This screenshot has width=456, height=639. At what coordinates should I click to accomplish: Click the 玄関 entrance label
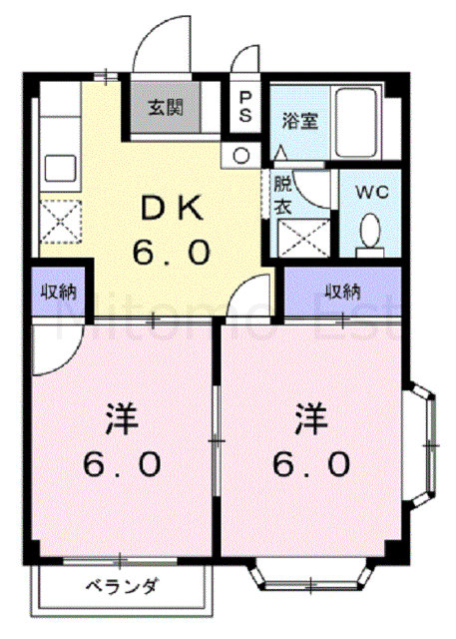tap(166, 108)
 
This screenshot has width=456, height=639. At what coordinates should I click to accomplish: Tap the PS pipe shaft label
tap(245, 107)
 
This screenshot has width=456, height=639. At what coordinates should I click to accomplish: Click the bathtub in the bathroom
tap(355, 123)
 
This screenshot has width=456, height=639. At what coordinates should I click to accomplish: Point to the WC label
tap(372, 192)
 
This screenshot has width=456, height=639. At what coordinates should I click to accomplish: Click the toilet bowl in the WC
tap(370, 231)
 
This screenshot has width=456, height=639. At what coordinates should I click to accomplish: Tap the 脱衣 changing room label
tap(282, 196)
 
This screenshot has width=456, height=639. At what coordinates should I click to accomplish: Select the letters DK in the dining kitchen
tap(171, 209)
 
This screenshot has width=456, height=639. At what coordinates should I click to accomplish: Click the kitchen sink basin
tap(60, 169)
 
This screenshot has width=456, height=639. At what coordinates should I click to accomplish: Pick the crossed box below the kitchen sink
tap(61, 222)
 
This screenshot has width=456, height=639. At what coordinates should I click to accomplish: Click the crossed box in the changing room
tap(303, 239)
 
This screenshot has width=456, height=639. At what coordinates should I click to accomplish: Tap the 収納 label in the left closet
tap(59, 292)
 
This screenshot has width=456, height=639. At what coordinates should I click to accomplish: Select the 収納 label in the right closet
tap(342, 292)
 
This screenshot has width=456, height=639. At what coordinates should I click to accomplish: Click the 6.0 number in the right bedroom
tap(311, 464)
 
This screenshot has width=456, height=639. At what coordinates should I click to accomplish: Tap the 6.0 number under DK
tap(172, 252)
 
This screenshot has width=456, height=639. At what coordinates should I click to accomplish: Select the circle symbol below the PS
tap(241, 156)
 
